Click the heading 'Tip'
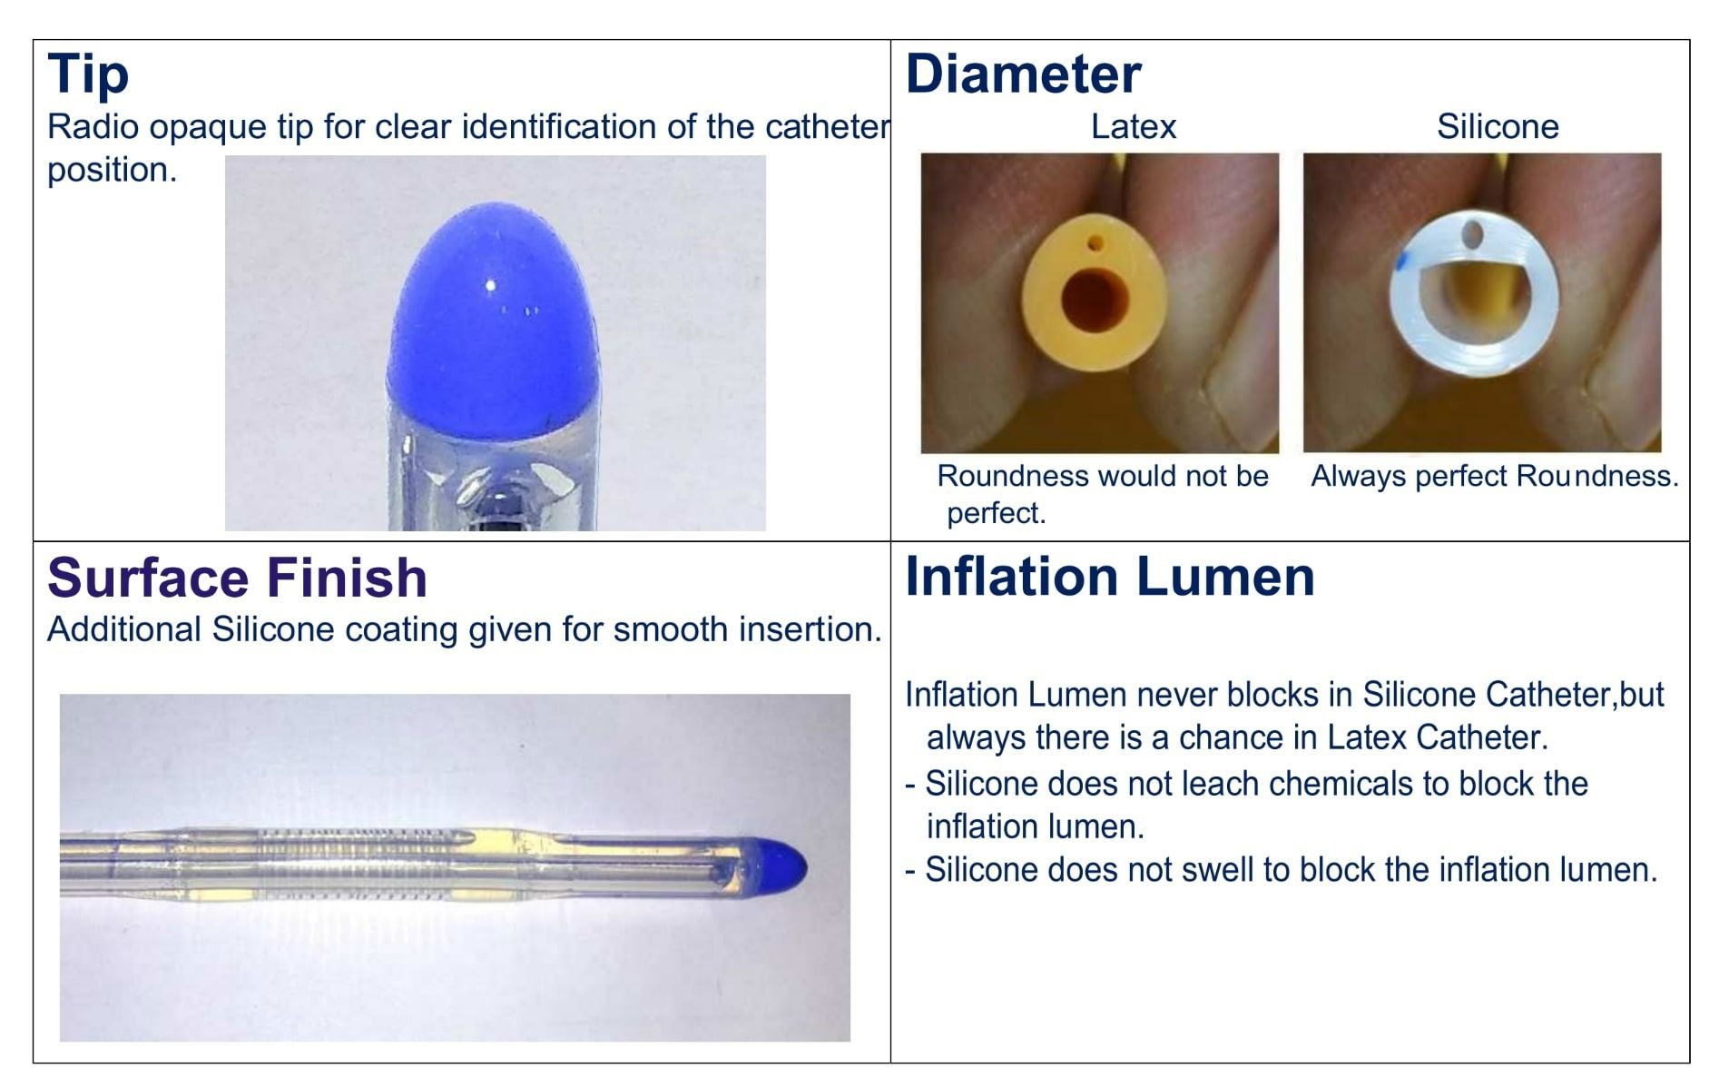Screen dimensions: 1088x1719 [x=88, y=74]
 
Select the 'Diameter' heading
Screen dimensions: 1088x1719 [x=1023, y=74]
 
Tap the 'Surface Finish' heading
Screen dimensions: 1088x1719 [x=237, y=578]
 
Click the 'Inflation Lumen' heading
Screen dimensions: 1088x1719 [x=1109, y=577]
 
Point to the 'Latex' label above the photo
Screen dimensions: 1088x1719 [x=1133, y=126]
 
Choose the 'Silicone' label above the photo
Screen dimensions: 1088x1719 [x=1497, y=126]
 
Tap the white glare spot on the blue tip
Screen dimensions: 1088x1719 [x=491, y=285]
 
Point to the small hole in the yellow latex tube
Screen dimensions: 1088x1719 [x=1095, y=243]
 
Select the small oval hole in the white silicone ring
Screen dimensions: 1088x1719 [x=1472, y=235]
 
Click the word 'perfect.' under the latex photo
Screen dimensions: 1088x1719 [x=996, y=513]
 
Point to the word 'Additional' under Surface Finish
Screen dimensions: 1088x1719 [x=123, y=629]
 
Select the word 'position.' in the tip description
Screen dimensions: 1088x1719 [x=112, y=170]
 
